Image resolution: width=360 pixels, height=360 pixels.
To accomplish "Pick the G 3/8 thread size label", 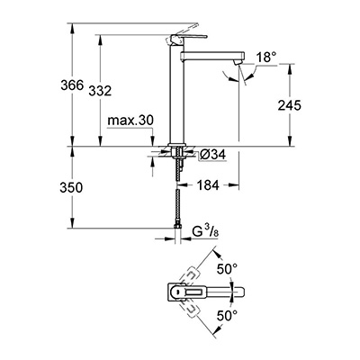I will point(200,237).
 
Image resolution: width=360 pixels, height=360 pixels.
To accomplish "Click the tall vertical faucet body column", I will point(176,99).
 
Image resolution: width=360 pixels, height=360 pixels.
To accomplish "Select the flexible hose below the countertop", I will point(176,198).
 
